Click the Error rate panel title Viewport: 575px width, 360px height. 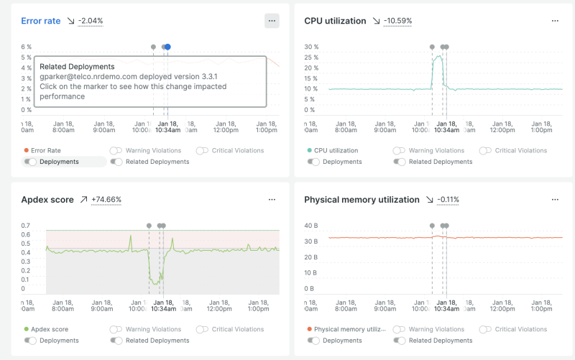41,21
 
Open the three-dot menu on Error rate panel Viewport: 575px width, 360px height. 272,21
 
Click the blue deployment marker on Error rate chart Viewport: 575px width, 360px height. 167,47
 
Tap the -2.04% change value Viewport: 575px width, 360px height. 90,21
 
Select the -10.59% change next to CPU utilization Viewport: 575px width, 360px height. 397,21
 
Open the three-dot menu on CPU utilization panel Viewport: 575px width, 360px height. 554,21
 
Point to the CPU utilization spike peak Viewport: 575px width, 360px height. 437,57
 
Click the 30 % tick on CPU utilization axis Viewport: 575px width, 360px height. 310,47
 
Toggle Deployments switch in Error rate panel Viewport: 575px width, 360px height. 30,162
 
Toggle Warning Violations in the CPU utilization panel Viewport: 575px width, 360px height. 400,151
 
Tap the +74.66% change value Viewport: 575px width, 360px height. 106,200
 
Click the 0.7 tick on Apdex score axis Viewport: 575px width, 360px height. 26,226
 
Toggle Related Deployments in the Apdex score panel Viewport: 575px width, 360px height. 116,341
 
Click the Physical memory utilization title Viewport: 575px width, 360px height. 362,200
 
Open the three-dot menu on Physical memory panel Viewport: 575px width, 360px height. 554,200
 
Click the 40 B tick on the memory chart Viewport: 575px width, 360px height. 310,226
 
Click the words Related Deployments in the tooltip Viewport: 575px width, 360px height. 77,67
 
